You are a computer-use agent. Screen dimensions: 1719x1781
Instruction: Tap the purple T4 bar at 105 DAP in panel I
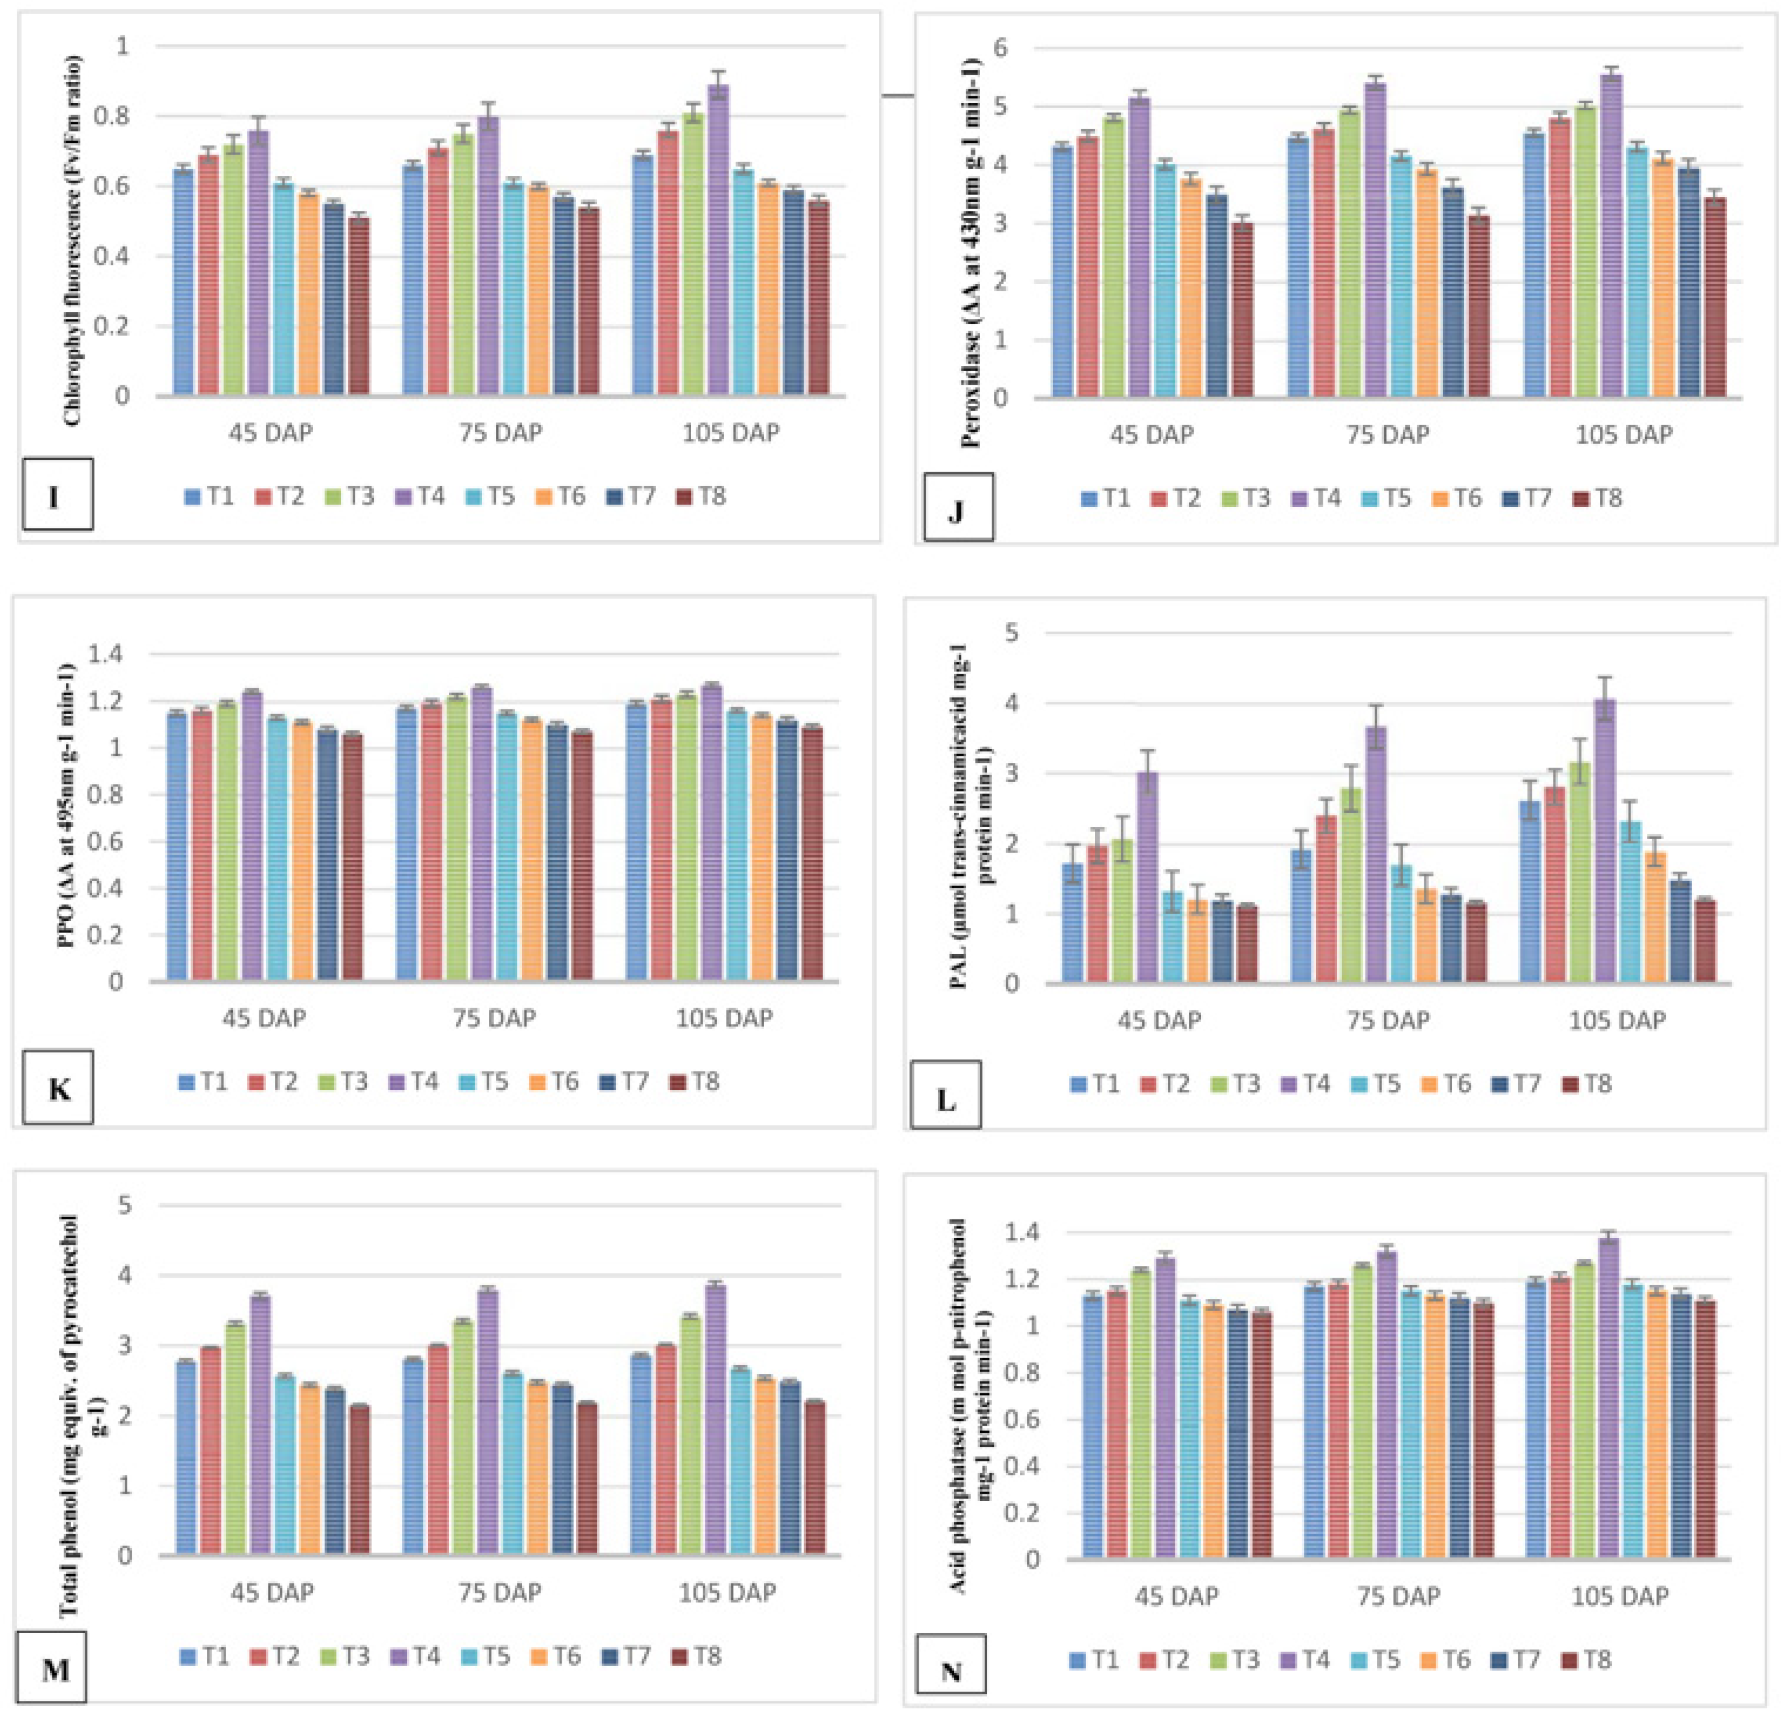(x=718, y=245)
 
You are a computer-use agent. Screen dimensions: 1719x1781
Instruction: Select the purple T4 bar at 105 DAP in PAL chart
(x=1606, y=845)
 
